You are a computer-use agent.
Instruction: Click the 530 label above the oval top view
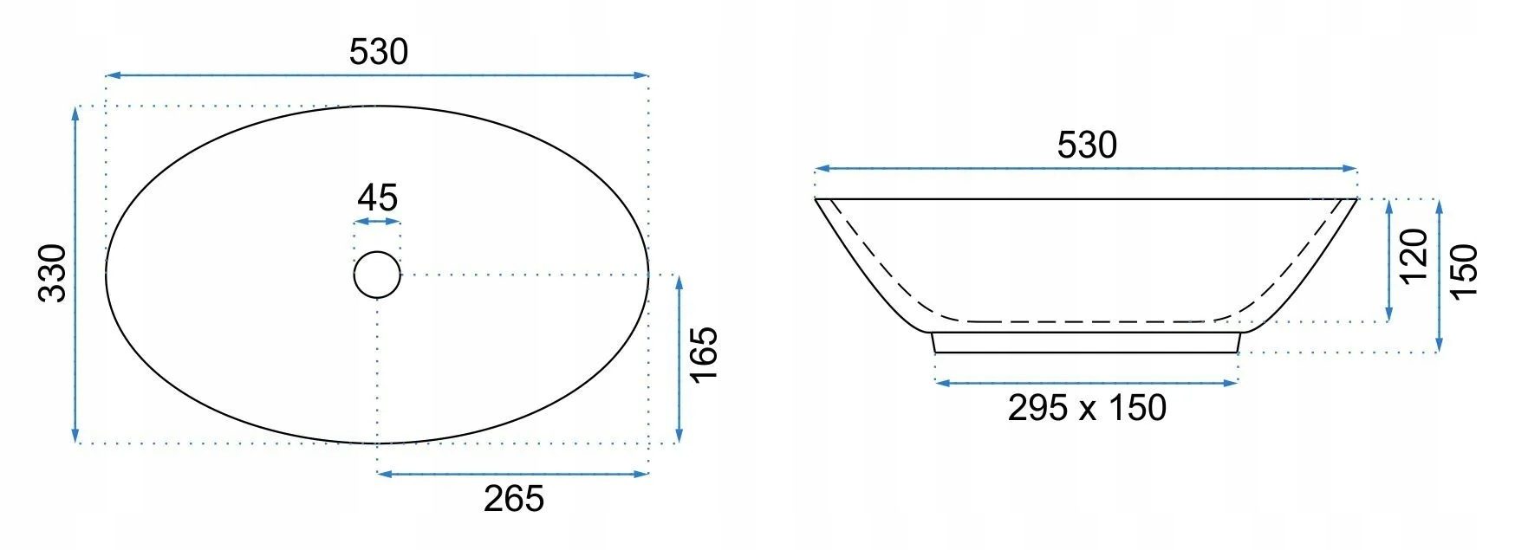point(378,53)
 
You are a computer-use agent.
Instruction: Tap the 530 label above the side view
point(1087,146)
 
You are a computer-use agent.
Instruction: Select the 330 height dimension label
point(53,273)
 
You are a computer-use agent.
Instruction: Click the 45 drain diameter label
point(377,198)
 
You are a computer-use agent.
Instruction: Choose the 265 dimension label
point(514,499)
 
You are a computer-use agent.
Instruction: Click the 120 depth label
point(1413,256)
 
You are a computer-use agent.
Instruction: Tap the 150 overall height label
point(1463,272)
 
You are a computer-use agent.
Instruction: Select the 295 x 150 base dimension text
point(1087,407)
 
